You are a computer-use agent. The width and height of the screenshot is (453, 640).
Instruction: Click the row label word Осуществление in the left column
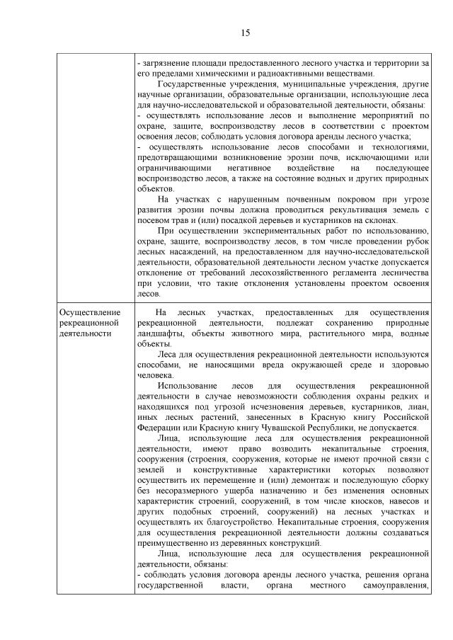91,312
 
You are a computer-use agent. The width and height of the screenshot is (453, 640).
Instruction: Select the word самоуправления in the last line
395,586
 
